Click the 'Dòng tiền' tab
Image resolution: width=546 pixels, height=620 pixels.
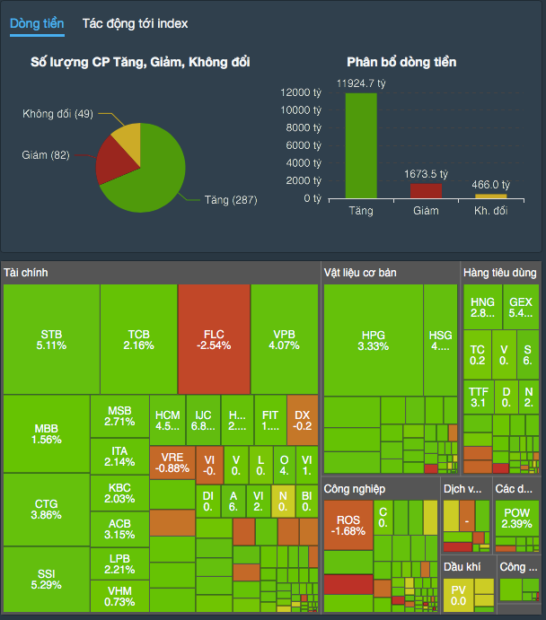[37, 23]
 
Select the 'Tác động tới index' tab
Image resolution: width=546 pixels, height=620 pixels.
[135, 23]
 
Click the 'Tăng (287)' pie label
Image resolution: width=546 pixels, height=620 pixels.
[230, 199]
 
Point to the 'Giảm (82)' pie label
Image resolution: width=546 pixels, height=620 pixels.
[46, 155]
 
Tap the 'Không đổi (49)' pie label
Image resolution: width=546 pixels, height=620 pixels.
[58, 114]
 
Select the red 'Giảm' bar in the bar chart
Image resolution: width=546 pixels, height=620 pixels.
[426, 190]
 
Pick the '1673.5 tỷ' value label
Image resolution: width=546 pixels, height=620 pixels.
[426, 174]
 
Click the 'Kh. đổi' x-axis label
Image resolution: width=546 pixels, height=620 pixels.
[490, 211]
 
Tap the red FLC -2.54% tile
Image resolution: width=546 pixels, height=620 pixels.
[214, 339]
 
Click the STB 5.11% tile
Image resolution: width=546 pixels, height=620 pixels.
[51, 339]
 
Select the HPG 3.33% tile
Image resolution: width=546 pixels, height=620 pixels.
[372, 339]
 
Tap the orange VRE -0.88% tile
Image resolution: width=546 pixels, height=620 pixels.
[172, 461]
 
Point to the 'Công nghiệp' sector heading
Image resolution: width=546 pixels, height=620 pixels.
[355, 489]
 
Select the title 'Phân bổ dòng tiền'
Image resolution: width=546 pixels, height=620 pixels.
[401, 62]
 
